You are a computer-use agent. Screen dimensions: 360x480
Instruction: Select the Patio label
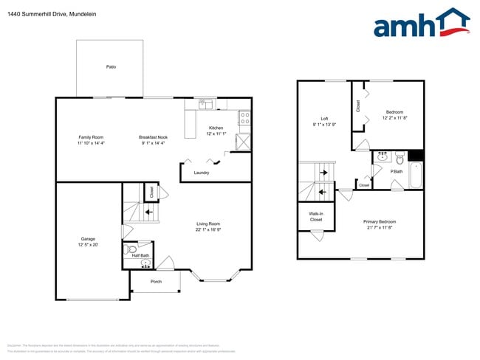[x=111, y=67]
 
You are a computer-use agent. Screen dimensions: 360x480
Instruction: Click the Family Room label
[x=91, y=137]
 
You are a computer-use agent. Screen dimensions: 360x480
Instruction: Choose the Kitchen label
[x=216, y=128]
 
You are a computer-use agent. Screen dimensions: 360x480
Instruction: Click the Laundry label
[x=202, y=173]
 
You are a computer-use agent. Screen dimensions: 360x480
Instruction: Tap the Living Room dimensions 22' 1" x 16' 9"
[x=208, y=229]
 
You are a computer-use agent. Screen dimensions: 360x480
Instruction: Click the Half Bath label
[x=140, y=255]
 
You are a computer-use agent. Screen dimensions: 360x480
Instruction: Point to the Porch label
[x=156, y=282]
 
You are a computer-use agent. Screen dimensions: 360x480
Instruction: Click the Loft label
[x=323, y=119]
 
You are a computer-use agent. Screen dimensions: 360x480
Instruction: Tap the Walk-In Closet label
[x=315, y=217]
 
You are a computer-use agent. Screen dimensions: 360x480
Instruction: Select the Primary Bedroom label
[x=380, y=221]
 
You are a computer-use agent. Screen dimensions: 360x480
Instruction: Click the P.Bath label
[x=396, y=172]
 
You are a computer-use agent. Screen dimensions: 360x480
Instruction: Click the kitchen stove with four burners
[x=244, y=117]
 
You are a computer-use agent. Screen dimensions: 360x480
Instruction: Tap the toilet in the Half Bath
[x=131, y=249]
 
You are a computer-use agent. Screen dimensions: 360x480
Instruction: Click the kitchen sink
[x=206, y=104]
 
